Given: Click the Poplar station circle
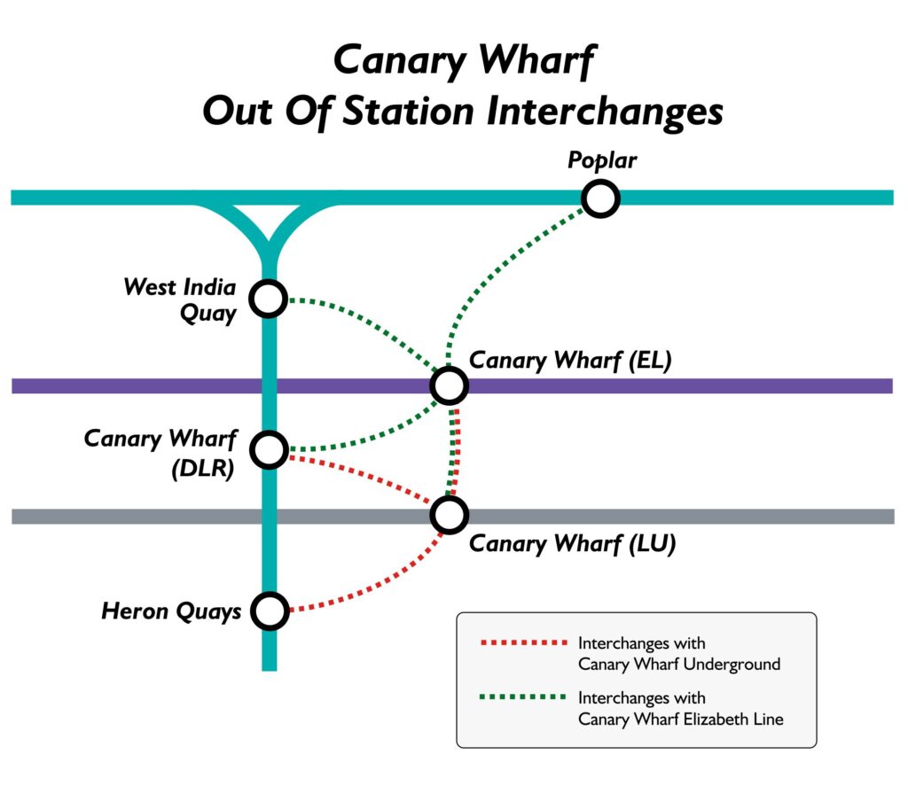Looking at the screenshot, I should coord(600,198).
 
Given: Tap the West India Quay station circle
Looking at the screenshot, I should coord(269,299).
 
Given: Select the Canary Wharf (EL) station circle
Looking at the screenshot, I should coord(449,385).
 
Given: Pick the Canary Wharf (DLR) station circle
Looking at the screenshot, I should coord(269,450).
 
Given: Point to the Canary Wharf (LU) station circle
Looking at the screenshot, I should coord(449,514).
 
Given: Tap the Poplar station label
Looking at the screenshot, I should coord(602,161).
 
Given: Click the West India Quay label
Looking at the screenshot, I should coord(180,300).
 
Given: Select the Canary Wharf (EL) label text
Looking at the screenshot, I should coord(571,360).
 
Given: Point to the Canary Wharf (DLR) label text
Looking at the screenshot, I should coord(160,453).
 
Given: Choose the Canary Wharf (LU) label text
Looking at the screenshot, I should coord(572,543).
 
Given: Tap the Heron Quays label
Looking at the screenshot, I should coord(171,611).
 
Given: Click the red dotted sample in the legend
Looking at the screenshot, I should coord(521,642).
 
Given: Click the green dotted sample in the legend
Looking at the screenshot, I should coord(521,697).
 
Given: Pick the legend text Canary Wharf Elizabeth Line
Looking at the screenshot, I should coord(680,719).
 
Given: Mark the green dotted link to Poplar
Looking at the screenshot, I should coord(497,266).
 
